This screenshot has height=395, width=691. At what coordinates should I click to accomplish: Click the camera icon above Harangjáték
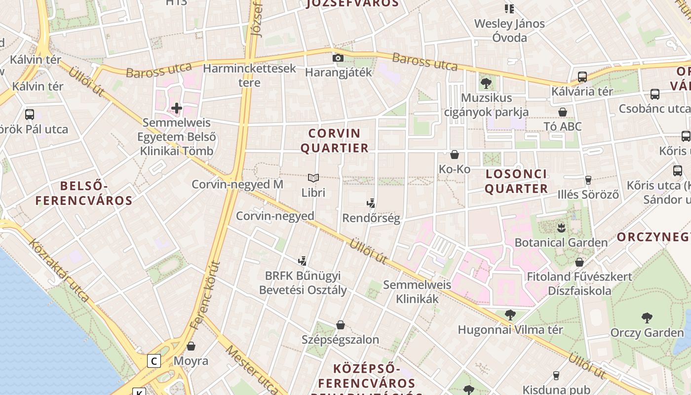tap(338, 58)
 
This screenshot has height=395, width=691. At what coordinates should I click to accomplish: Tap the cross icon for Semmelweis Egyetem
tap(177, 108)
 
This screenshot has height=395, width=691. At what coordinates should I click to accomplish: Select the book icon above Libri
tap(313, 178)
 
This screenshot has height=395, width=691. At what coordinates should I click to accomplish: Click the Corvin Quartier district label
tap(335, 141)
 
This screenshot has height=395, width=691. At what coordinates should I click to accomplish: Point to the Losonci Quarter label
tap(517, 181)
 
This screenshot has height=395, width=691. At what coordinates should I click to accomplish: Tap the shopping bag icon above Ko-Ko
tap(455, 155)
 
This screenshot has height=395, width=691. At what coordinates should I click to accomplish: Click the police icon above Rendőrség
tap(371, 203)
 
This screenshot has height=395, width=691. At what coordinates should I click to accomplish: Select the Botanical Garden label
tap(561, 242)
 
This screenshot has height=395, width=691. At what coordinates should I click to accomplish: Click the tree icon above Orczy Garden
tap(647, 317)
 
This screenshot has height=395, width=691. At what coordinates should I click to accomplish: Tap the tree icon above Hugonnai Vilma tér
tap(510, 315)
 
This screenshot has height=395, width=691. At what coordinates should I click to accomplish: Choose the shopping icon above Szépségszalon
tap(340, 325)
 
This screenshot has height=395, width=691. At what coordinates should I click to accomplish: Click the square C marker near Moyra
tap(154, 361)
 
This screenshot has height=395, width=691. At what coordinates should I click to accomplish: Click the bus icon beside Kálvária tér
tap(582, 77)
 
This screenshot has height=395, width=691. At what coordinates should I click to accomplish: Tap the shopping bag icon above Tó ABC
tap(562, 112)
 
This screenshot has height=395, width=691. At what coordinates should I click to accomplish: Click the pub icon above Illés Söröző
tap(588, 180)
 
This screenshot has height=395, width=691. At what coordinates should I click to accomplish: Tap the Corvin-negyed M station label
tap(237, 185)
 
